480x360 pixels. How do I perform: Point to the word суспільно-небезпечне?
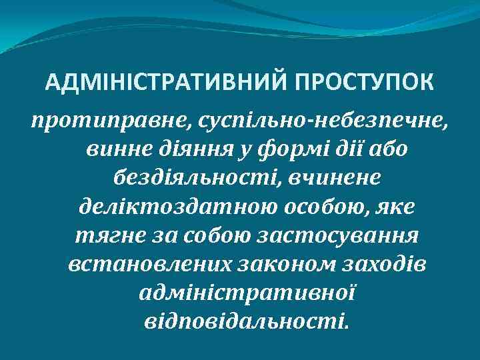317,122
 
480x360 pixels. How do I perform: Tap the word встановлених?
146,265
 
